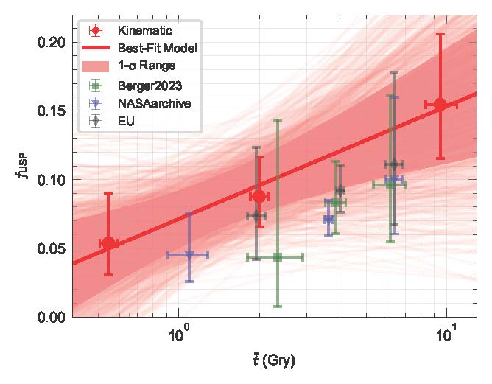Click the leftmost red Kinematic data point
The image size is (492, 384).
tap(108, 243)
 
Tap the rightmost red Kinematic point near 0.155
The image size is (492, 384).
tap(440, 105)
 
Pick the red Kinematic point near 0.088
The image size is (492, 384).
tap(259, 197)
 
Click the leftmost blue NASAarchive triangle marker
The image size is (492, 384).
tap(189, 255)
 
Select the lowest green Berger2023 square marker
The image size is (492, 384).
tap(278, 257)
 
